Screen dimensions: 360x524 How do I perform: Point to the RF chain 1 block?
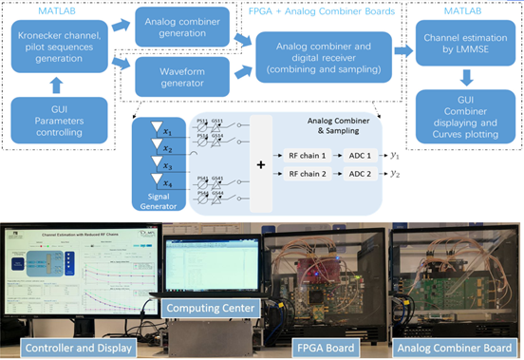pyautogui.click(x=309, y=153)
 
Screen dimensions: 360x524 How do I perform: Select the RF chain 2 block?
pyautogui.click(x=309, y=172)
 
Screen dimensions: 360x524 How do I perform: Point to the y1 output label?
pyautogui.click(x=395, y=153)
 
